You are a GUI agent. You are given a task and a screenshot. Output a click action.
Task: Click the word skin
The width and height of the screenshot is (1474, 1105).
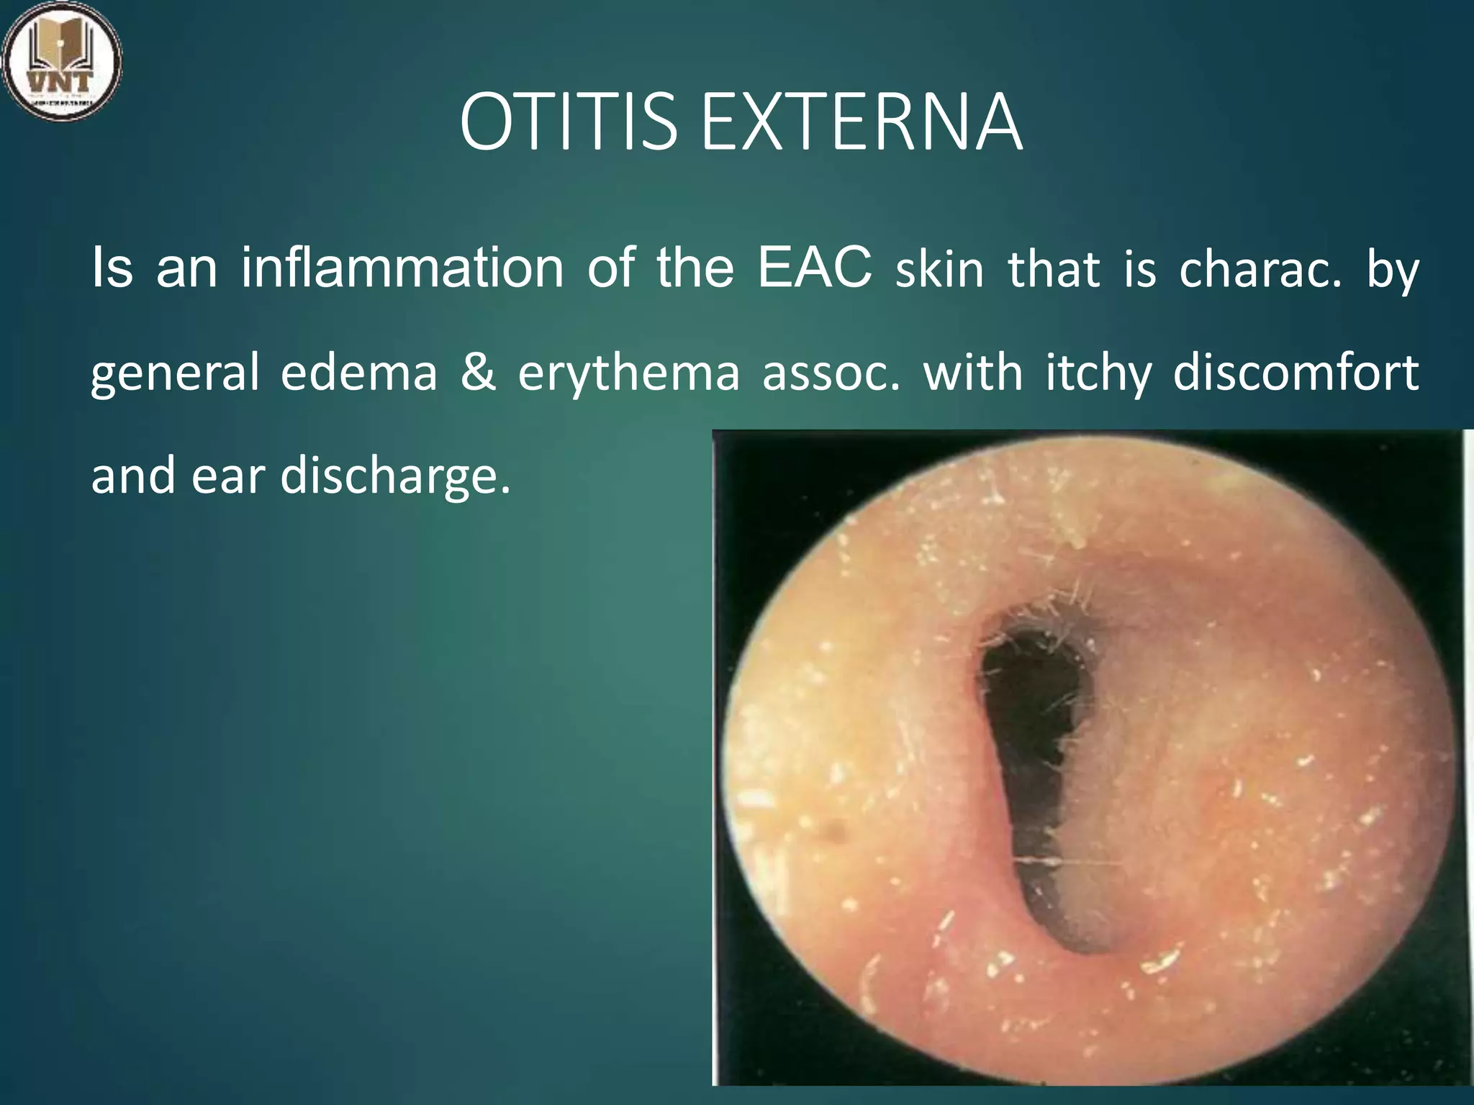939,270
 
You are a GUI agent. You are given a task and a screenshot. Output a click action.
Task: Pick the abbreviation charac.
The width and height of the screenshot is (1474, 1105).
1260,270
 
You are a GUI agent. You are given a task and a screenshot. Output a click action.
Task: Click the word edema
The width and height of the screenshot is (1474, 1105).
358,373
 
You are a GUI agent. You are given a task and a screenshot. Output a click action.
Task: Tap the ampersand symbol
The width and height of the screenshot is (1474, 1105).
478,373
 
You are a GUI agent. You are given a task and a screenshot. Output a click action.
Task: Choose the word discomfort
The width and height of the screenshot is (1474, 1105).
1296,373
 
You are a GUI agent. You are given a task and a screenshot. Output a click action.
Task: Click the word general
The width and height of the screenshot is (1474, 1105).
175,375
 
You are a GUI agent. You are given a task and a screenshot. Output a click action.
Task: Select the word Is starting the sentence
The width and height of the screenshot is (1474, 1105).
112,268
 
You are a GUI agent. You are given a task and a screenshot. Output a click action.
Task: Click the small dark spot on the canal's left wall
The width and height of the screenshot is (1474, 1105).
837,832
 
